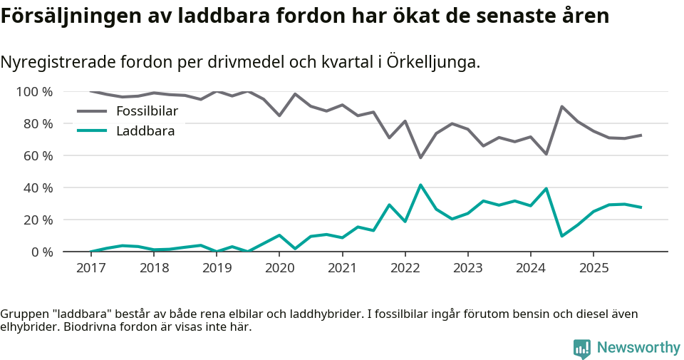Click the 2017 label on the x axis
90,268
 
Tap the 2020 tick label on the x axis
279,268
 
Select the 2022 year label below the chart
405,268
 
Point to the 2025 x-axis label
594,268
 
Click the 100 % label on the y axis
35,92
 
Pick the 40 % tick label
38,188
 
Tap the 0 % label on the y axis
41,252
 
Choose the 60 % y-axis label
38,156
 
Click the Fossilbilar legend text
147,111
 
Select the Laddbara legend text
145,130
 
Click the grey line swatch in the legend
92,111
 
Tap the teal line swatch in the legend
92,130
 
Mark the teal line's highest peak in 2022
420,185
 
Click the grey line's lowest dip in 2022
420,158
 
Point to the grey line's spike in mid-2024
562,106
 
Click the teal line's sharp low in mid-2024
562,236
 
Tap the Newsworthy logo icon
582,348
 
